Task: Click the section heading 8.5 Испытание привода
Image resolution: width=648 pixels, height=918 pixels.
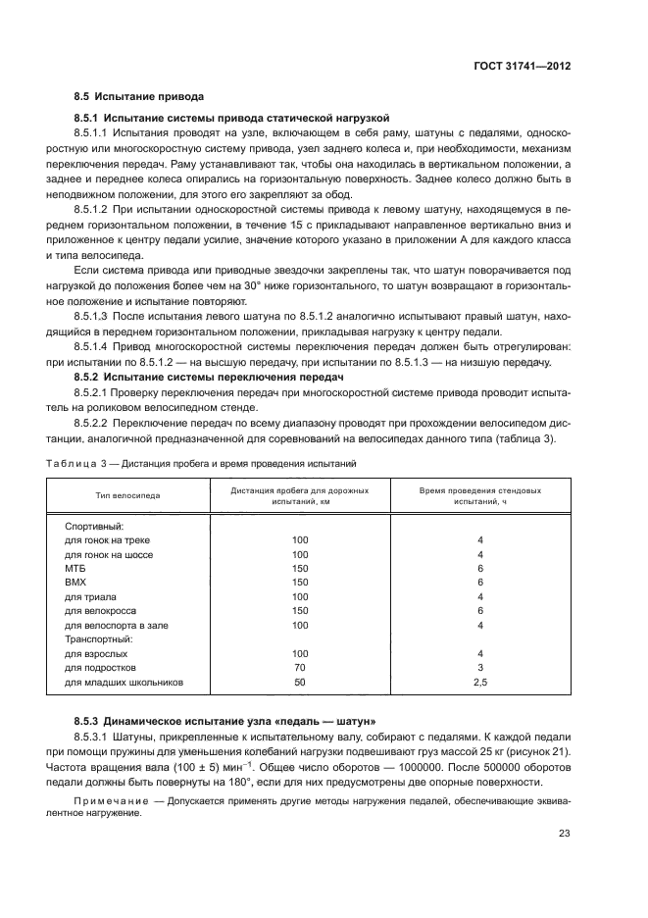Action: [x=138, y=97]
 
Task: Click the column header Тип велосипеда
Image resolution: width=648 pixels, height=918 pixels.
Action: [x=127, y=495]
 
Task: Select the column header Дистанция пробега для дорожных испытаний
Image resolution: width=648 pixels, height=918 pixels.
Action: [x=299, y=495]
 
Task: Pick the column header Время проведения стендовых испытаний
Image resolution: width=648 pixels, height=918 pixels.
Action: [x=480, y=495]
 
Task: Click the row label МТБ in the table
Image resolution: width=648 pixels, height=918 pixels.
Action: [x=75, y=568]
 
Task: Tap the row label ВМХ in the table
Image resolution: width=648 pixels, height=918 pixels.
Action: [x=75, y=582]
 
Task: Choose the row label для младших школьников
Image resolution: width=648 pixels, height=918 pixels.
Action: [x=124, y=681]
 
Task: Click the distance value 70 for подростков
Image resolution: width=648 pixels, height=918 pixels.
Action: [x=299, y=667]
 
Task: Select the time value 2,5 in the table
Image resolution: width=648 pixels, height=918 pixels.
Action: [x=480, y=681]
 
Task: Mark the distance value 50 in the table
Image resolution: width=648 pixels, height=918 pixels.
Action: [x=299, y=681]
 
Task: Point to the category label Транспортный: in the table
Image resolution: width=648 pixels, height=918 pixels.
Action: [x=98, y=637]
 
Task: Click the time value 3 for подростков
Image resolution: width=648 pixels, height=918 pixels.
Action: [x=480, y=667]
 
